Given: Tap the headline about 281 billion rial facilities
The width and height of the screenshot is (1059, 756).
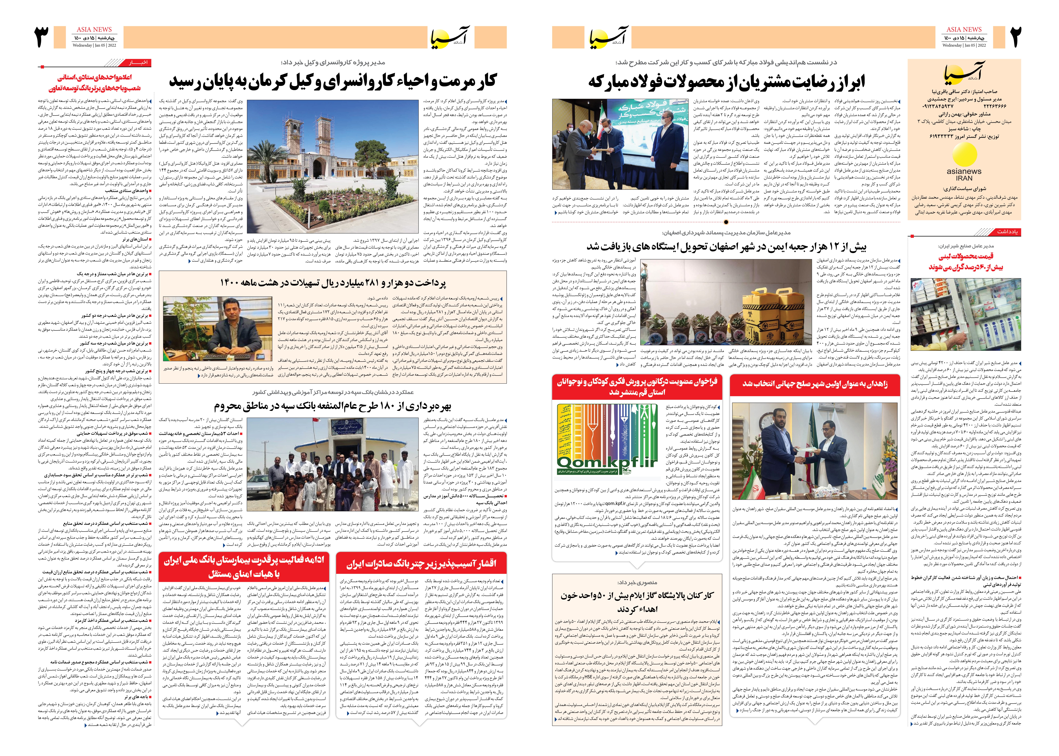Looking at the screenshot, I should pyautogui.click(x=333, y=283).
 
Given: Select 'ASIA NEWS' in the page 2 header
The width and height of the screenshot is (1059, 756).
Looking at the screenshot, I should pyautogui.click(x=964, y=29).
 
